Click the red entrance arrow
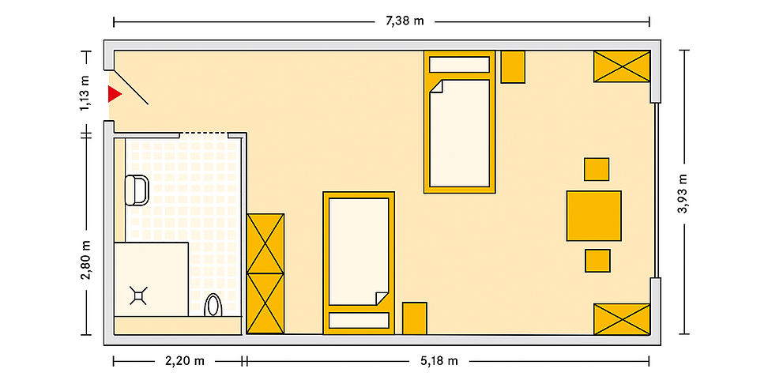pyautogui.click(x=114, y=94)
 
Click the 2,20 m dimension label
pyautogui.click(x=185, y=361)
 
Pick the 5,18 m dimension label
pyautogui.click(x=439, y=361)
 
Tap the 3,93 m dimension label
pyautogui.click(x=683, y=194)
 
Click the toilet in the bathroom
pyautogui.click(x=137, y=190)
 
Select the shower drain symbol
pyautogui.click(x=138, y=296)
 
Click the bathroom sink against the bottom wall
pyautogui.click(x=213, y=305)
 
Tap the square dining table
pyautogui.click(x=593, y=216)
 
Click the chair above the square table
pyautogui.click(x=597, y=169)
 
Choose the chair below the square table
pyautogui.click(x=597, y=261)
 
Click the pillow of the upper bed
pyautogui.click(x=459, y=65)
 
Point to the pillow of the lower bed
pyautogui.click(x=359, y=320)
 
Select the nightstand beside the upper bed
pyautogui.click(x=513, y=66)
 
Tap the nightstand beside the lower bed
pyautogui.click(x=414, y=318)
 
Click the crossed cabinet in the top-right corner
pyautogui.click(x=622, y=66)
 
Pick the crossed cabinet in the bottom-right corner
pyautogui.click(x=622, y=319)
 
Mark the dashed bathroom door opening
pyautogui.click(x=204, y=133)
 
